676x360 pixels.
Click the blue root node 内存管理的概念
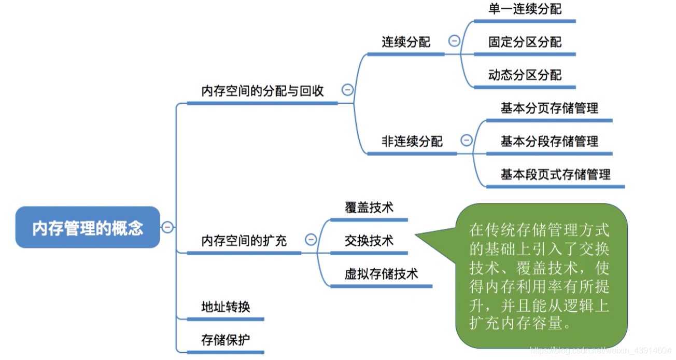pos(88,227)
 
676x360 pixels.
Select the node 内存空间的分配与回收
pos(262,91)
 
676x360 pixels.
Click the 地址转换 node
pos(226,307)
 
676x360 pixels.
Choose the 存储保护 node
pos(226,340)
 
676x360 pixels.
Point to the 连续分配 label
pos(406,42)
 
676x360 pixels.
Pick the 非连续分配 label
pos(412,141)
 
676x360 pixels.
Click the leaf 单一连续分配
pos(525,9)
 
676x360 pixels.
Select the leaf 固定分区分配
pos(525,42)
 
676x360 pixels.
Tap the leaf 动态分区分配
pos(525,75)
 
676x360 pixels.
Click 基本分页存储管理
pos(549,108)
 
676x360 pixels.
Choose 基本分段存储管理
pos(549,141)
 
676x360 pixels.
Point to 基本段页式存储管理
pos(555,174)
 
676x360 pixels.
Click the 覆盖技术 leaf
pos(369,207)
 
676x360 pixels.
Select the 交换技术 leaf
pos(369,241)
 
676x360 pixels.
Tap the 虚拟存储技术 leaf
pos(381,274)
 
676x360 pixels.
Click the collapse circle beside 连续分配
pos(454,40)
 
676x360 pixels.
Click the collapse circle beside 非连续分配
pos(467,140)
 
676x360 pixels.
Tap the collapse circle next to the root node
pos(167,227)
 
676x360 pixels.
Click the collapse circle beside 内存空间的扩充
pos(311,239)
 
